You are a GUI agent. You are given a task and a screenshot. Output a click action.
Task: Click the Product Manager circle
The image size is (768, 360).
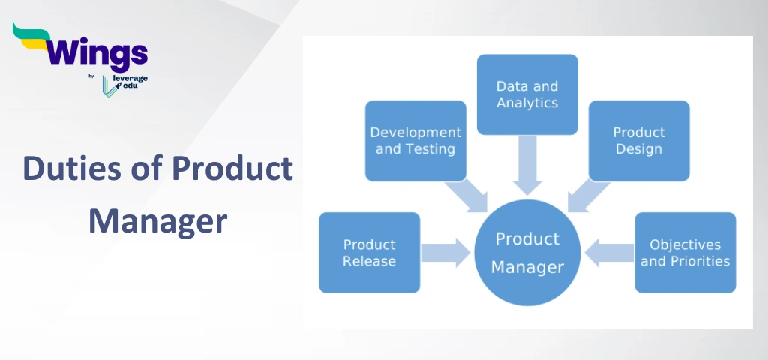[x=527, y=252]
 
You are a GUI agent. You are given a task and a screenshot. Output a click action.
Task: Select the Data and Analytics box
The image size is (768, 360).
[x=527, y=94]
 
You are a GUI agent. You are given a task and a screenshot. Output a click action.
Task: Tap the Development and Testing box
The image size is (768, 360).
[x=415, y=141]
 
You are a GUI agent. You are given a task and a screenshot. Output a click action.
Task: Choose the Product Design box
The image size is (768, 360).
[x=639, y=141]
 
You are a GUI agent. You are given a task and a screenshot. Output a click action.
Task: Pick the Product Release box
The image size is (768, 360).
[x=369, y=253]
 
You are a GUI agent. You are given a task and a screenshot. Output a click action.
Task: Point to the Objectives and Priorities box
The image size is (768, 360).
[x=685, y=253]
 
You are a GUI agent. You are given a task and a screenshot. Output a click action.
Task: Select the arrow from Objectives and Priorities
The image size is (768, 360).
[x=610, y=252]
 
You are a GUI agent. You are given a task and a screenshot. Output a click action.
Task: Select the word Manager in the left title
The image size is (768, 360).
[x=157, y=220]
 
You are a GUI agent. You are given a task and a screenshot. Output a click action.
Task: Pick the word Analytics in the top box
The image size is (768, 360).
[x=527, y=103]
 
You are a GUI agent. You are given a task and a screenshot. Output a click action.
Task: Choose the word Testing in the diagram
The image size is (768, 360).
[x=430, y=149]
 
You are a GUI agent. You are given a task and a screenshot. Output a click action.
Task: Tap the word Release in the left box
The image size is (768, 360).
[x=369, y=261]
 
